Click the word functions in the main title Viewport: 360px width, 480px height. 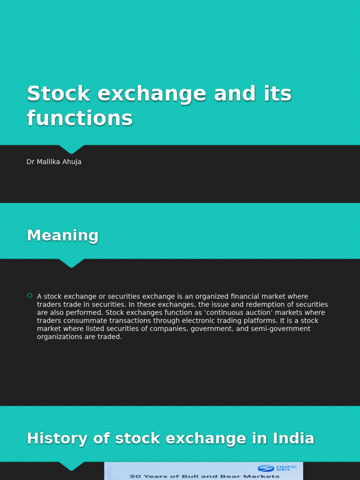(80, 118)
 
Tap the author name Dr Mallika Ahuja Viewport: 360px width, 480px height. (54, 162)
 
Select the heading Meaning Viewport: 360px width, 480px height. (62, 235)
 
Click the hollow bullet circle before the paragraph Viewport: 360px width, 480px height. (30, 295)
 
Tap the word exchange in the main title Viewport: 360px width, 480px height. (151, 94)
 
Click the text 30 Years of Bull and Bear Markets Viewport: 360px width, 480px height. (204, 476)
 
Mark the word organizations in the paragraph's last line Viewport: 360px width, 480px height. (60, 337)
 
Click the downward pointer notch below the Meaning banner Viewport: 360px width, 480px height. (71, 263)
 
